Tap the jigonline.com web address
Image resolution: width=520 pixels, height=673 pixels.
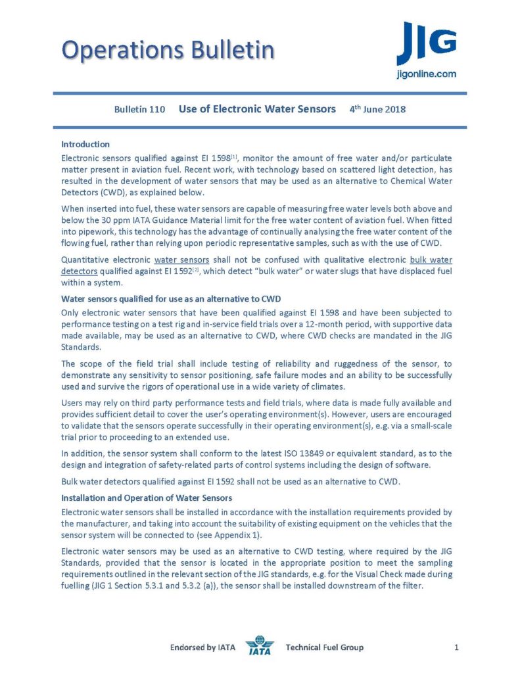coord(426,74)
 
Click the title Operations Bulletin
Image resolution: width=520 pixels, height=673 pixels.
coord(168,49)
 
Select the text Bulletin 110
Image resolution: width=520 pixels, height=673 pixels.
coord(139,109)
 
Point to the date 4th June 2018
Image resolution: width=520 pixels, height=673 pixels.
coord(377,109)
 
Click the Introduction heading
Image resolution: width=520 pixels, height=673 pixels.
coord(85,144)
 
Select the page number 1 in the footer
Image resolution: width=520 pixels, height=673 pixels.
coord(456,649)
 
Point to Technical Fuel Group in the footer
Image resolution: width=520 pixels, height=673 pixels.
coord(324,649)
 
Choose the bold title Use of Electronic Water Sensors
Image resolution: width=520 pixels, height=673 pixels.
coord(257,109)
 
